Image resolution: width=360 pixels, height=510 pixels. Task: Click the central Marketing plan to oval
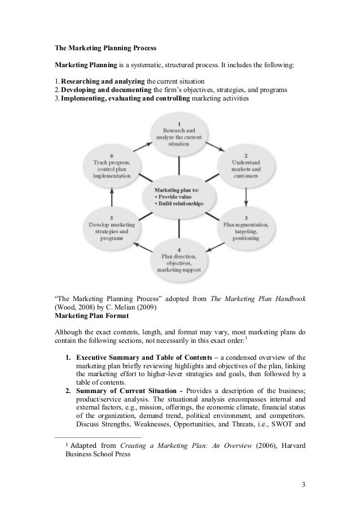pos(178,197)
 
